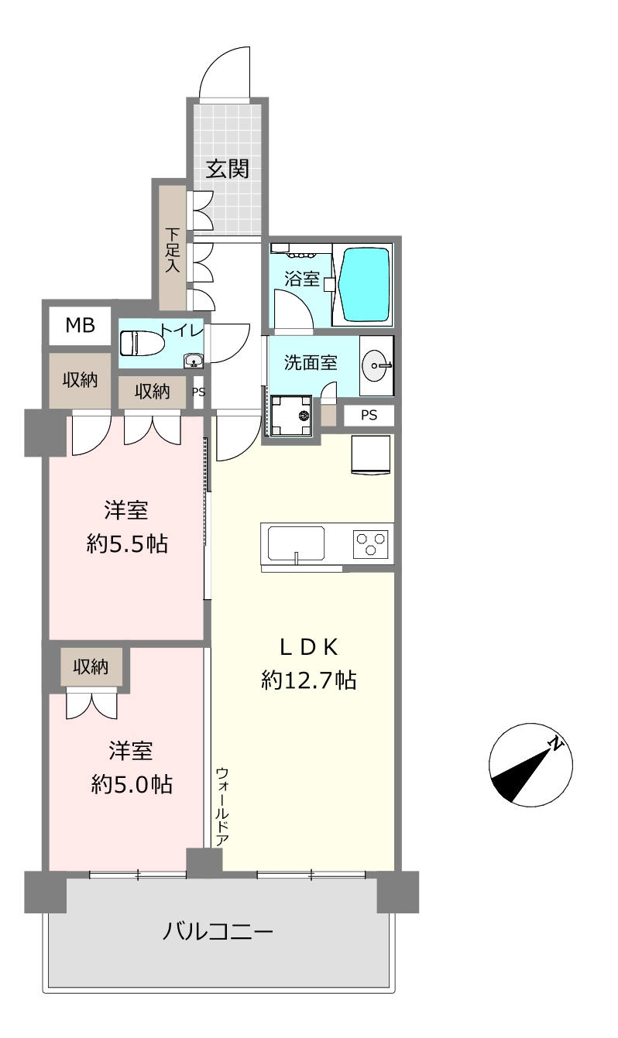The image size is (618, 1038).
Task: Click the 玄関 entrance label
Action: pos(228,169)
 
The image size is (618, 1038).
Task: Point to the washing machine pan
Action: pos(291,416)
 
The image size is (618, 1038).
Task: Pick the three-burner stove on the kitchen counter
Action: pos(370,543)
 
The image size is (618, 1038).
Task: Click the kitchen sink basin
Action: pos(296,543)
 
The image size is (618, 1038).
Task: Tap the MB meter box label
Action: pos(81,326)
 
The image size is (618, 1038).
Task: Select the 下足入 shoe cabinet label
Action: pos(172,250)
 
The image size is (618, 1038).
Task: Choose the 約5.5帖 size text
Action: pos(127,543)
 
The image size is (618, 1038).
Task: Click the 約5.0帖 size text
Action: pos(132,785)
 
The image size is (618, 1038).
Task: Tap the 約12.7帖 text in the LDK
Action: pos(309,680)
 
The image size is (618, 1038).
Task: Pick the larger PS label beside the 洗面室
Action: pos(369,415)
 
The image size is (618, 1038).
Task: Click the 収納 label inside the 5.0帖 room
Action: pos(91,666)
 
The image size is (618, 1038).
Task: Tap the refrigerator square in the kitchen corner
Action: pos(371,455)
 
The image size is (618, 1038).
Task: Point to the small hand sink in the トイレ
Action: pos(194,361)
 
